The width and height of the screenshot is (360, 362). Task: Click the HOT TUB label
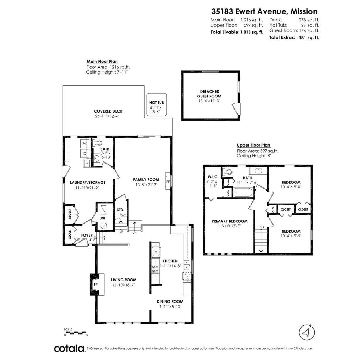156,103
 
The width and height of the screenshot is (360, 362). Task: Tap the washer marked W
85,144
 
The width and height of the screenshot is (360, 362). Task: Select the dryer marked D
85,154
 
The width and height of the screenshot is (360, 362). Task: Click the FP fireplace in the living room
95,284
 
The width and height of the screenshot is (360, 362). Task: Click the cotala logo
69,348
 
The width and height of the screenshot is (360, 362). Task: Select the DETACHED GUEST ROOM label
210,94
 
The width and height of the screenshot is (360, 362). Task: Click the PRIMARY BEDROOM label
229,221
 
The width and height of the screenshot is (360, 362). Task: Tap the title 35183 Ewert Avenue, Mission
264,11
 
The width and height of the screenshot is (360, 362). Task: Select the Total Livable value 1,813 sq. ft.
252,32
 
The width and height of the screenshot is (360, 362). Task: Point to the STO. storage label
121,210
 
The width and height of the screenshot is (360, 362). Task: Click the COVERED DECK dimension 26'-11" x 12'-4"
108,116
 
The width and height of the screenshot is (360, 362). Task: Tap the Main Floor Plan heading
102,62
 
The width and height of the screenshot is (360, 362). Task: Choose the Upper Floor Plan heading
253,145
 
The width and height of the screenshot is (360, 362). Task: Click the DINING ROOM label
170,301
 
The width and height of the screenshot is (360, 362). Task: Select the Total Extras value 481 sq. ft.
307,37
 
